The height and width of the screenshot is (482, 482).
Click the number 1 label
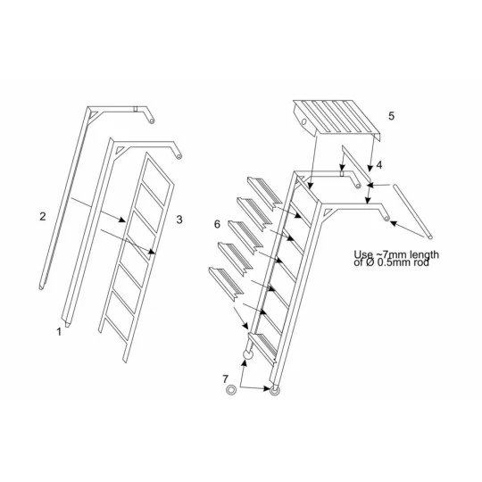pyautogui.click(x=59, y=331)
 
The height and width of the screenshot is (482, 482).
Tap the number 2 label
pyautogui.click(x=42, y=216)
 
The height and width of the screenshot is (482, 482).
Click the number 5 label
pyautogui.click(x=390, y=116)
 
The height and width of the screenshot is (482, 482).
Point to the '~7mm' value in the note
pyautogui.click(x=390, y=253)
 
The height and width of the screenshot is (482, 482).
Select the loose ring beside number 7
pyautogui.click(x=231, y=390)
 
